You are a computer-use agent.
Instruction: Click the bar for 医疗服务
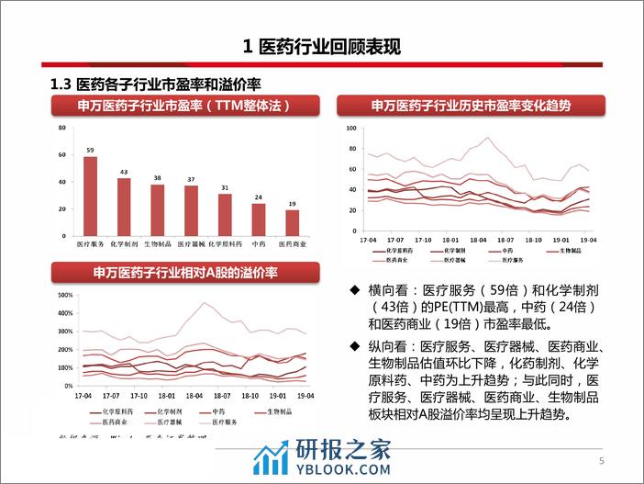(90, 196)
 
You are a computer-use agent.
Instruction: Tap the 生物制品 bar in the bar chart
(158, 210)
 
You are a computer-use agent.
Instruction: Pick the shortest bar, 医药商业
(293, 222)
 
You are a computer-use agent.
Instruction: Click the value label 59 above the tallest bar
(90, 150)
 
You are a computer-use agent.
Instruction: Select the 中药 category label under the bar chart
(259, 244)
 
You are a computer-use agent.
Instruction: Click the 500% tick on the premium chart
(65, 296)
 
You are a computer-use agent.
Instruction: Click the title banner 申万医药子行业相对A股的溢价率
(185, 273)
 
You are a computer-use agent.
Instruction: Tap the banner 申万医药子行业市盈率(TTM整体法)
(185, 106)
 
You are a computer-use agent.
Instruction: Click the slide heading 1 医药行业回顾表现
(321, 46)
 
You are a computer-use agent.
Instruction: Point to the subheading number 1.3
(61, 84)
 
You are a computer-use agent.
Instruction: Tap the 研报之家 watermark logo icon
(272, 457)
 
